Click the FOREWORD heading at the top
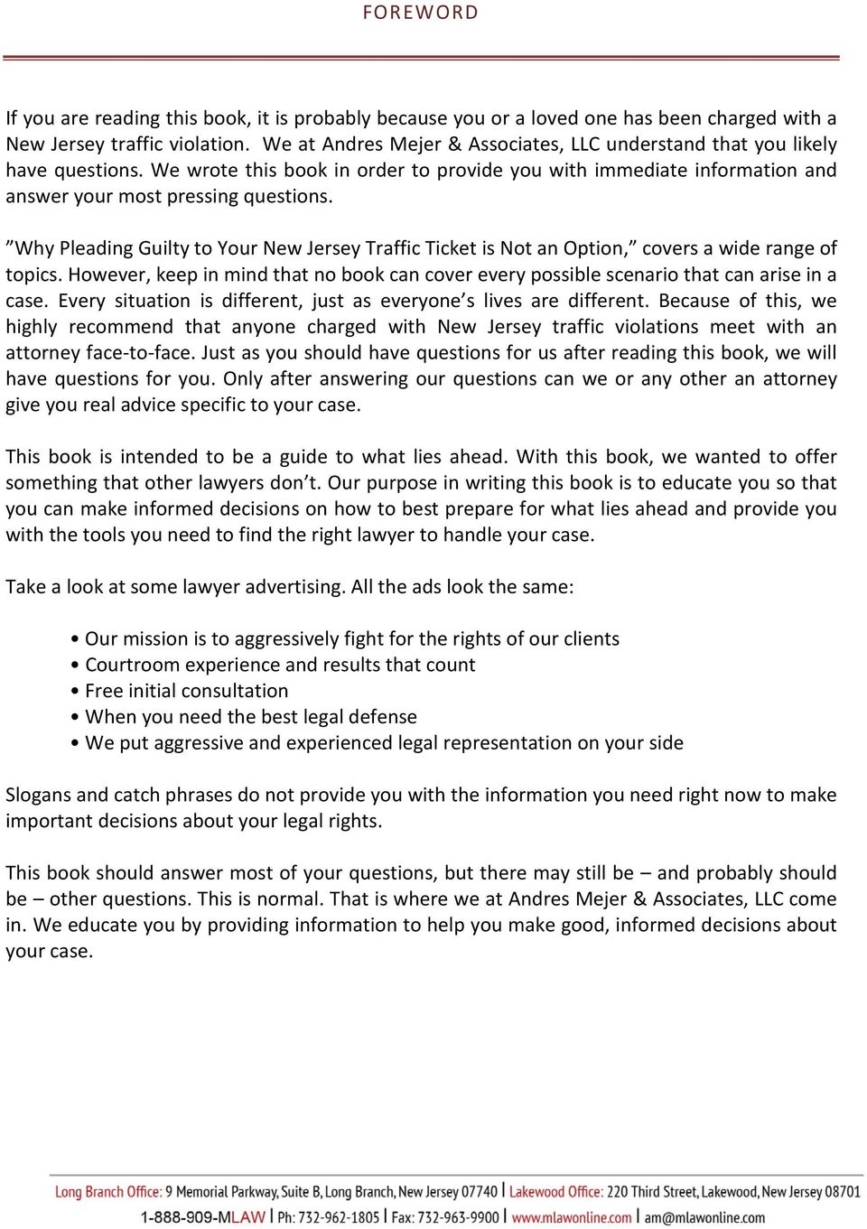[420, 13]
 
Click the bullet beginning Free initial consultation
[186, 691]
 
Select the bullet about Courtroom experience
[279, 665]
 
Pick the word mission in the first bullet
[154, 638]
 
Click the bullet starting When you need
[250, 717]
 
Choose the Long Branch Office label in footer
[108, 1192]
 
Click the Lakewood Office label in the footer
[555, 1192]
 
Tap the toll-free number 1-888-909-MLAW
[202, 1217]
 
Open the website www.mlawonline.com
[572, 1217]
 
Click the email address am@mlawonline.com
[704, 1217]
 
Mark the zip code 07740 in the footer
[480, 1192]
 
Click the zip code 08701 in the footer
[843, 1192]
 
